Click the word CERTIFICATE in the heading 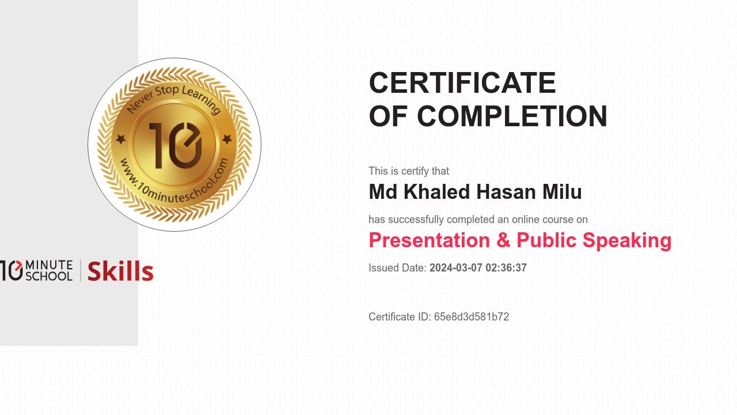tap(462, 82)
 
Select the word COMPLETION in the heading tap(512, 116)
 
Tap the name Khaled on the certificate tap(436, 192)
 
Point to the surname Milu tap(562, 192)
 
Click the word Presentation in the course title tap(430, 240)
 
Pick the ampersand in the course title tap(503, 240)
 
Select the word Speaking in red tap(627, 241)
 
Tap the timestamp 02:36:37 tap(506, 268)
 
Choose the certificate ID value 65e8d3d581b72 tap(472, 317)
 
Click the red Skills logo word tap(120, 271)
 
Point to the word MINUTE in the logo tap(49, 265)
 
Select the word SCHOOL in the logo tap(49, 276)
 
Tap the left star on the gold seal tap(121, 139)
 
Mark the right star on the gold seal tap(227, 139)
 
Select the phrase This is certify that tap(409, 171)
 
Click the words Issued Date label tap(397, 268)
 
